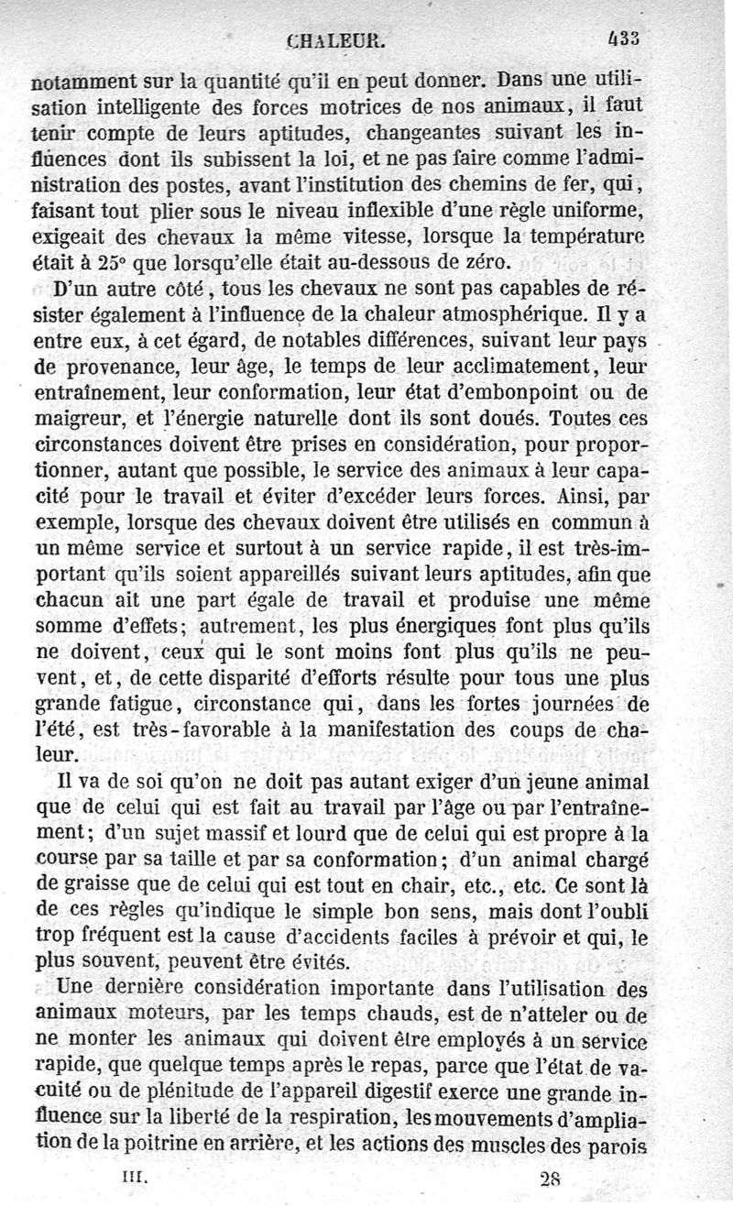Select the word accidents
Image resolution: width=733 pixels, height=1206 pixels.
point(348,938)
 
